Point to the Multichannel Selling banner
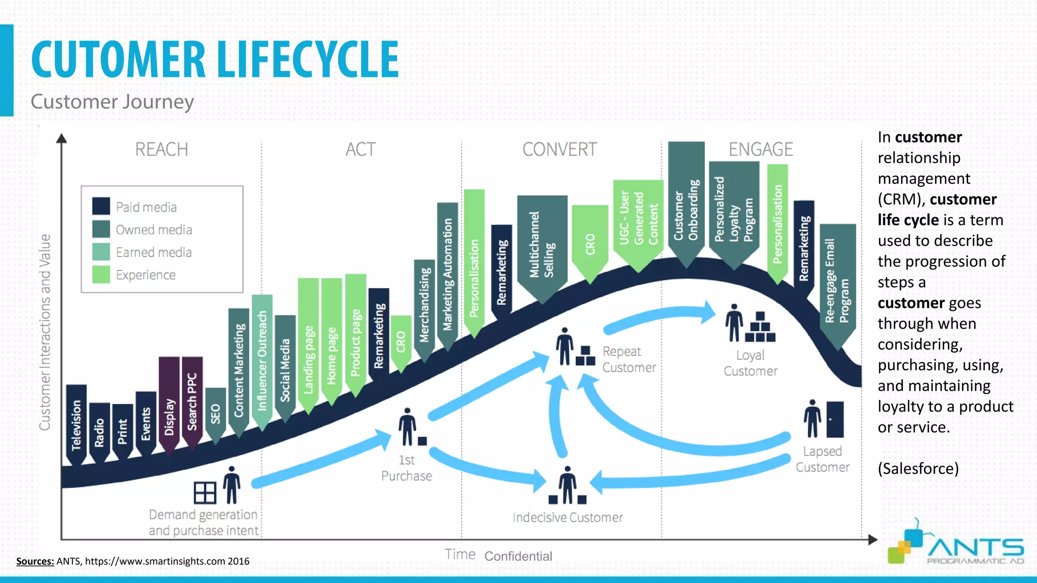point(542,245)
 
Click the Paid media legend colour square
point(101,206)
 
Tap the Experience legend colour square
point(101,274)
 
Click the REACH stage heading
point(162,150)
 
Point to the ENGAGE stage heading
point(761,150)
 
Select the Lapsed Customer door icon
point(835,419)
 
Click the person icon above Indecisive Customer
point(567,485)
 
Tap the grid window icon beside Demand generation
point(205,492)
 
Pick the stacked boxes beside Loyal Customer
point(760,327)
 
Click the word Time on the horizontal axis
point(460,554)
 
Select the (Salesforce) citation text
point(918,469)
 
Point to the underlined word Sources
point(35,561)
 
